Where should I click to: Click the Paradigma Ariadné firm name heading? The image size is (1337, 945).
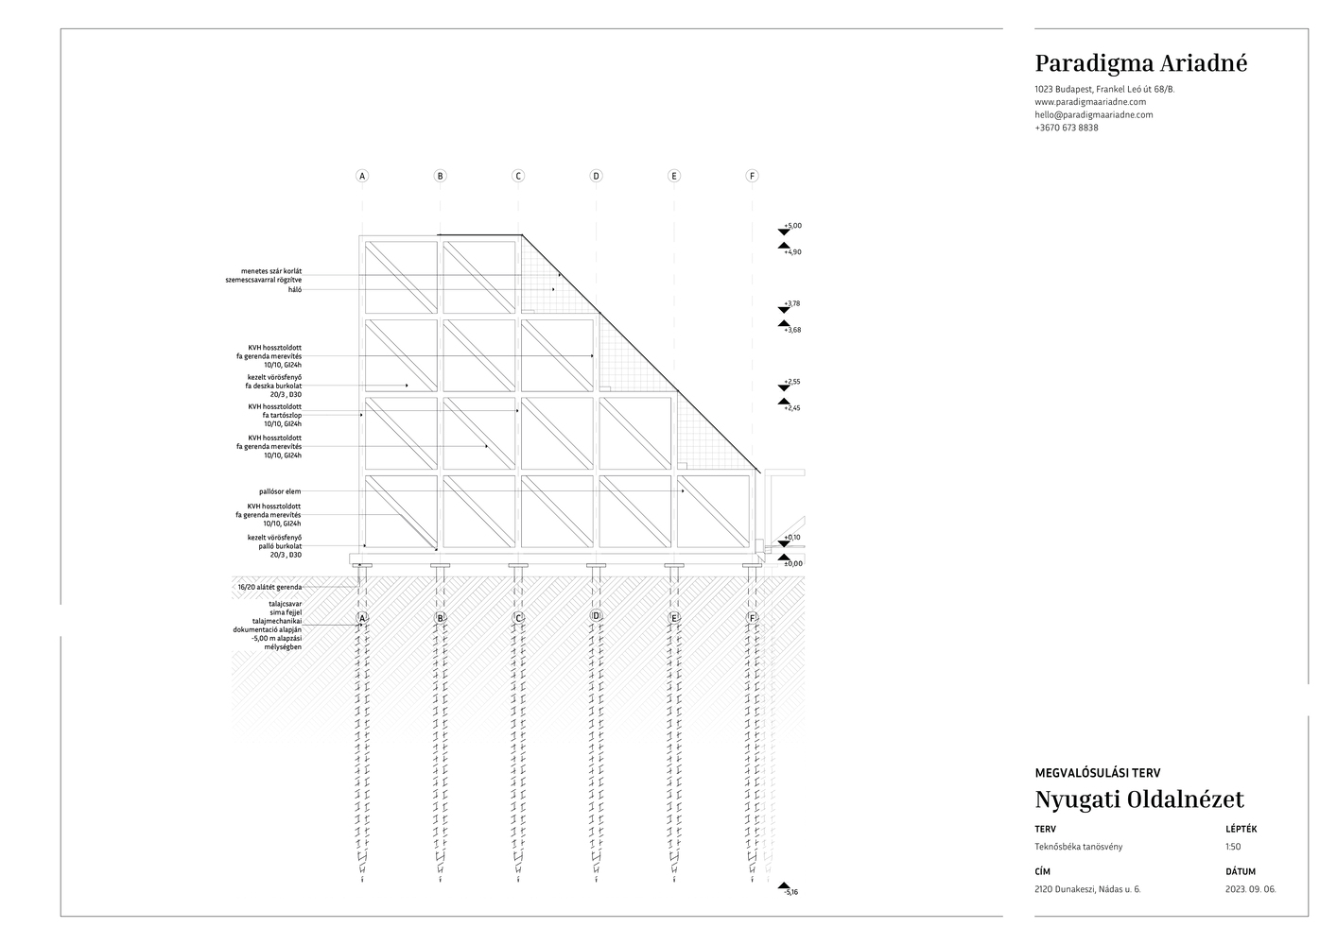pos(1140,63)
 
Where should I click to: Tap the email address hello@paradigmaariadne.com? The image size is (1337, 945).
pos(1093,114)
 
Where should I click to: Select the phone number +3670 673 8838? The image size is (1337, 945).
pos(1066,128)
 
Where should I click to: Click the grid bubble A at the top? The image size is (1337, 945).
pos(362,176)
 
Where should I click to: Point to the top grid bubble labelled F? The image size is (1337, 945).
pos(752,176)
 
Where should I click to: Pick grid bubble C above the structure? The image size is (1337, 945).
pos(518,176)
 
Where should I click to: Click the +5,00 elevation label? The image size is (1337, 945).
pos(792,226)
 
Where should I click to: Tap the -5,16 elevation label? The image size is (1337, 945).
pos(791,892)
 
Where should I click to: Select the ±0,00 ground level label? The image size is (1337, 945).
pos(792,563)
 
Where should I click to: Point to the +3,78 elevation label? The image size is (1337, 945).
pos(792,303)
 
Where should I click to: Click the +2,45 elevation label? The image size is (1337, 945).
pos(792,408)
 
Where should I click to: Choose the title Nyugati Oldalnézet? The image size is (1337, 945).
pos(1138,799)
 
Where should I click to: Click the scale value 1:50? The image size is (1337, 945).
pos(1233,847)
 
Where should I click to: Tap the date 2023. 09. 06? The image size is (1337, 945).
pos(1250,889)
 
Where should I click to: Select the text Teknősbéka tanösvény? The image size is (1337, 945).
pos(1078,847)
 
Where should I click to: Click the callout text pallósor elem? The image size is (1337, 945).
pos(280,491)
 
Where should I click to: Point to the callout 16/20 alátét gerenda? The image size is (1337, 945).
pos(269,587)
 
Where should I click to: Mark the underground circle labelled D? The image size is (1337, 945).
pos(596,616)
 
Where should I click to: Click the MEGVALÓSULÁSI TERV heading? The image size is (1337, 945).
pos(1097,772)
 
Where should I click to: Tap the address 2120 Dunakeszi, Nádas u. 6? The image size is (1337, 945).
pos(1087,889)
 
